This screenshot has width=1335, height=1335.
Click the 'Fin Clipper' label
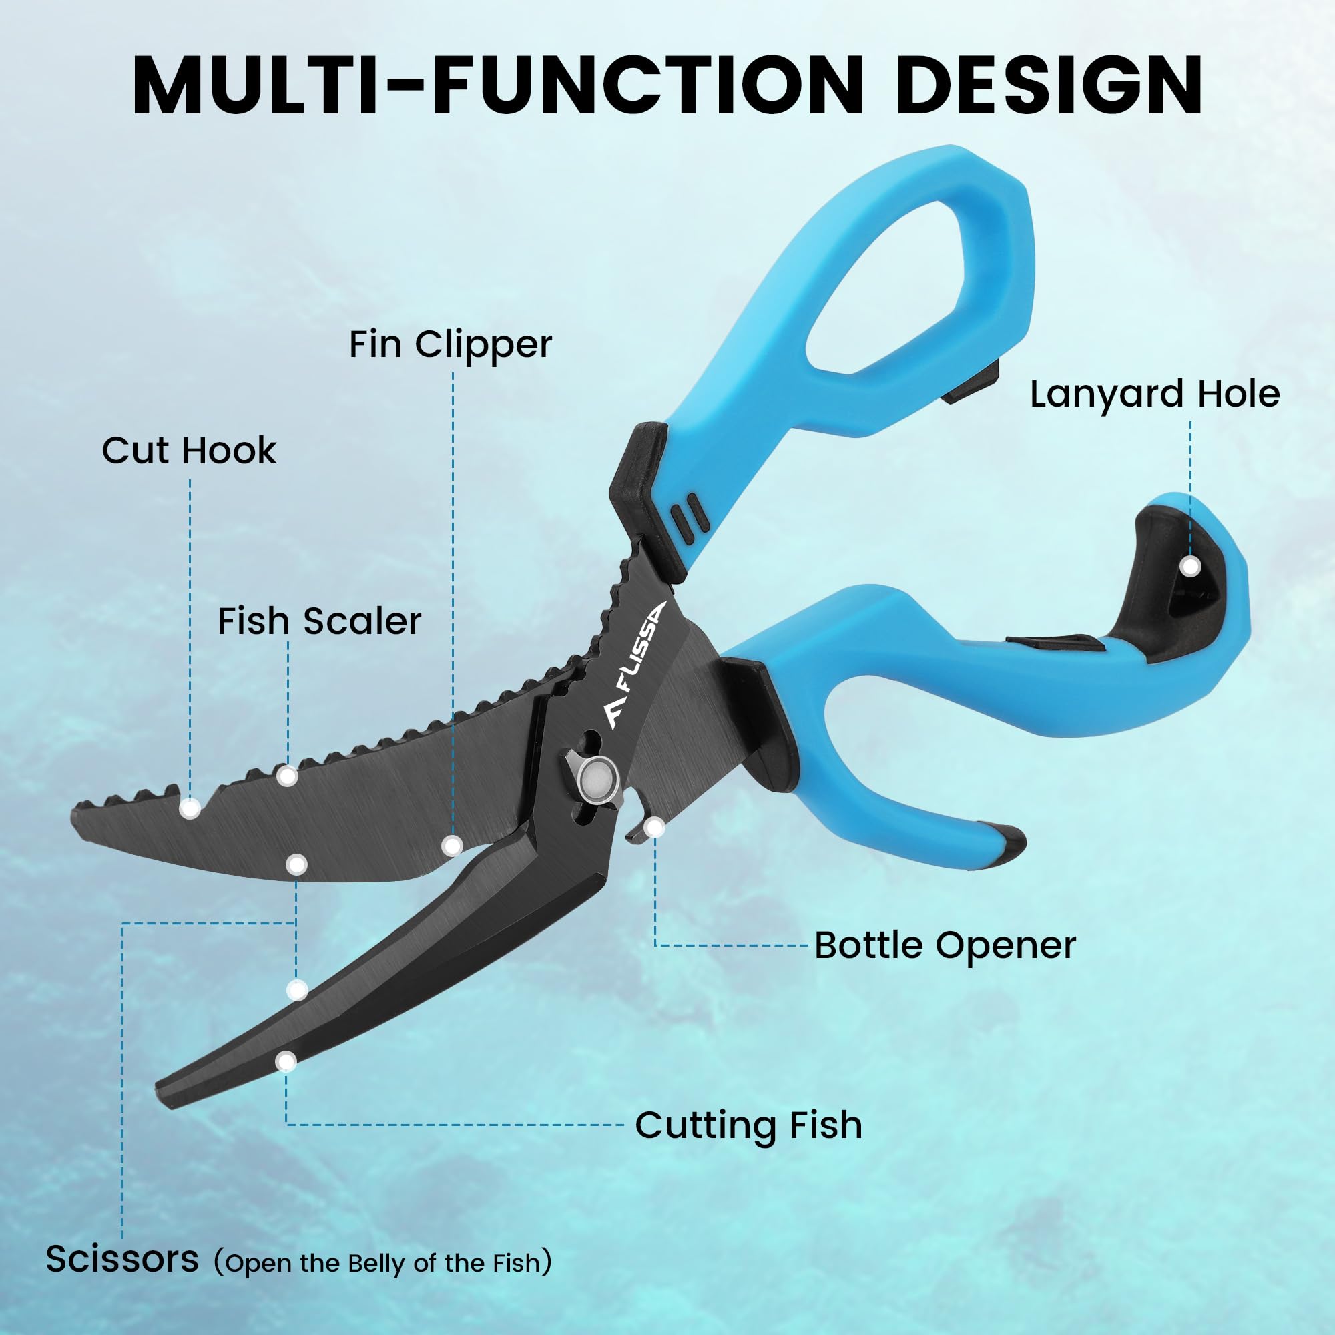coord(450,344)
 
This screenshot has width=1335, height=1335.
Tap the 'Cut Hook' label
coord(189,451)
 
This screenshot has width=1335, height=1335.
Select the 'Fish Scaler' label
coord(319,621)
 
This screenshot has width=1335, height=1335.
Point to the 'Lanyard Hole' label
coord(1155,394)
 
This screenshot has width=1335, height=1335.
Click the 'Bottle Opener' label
coord(945,945)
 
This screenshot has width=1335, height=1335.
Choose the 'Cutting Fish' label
coord(748,1125)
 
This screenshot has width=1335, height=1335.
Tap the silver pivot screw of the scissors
coord(597,782)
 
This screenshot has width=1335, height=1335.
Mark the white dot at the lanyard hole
coord(1190,567)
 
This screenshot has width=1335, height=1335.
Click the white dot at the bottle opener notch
coord(654,827)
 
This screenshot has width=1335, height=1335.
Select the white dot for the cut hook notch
coord(190,807)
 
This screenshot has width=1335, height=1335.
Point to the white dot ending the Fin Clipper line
coord(452,844)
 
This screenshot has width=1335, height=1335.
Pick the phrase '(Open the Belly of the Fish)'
coord(382,1262)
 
